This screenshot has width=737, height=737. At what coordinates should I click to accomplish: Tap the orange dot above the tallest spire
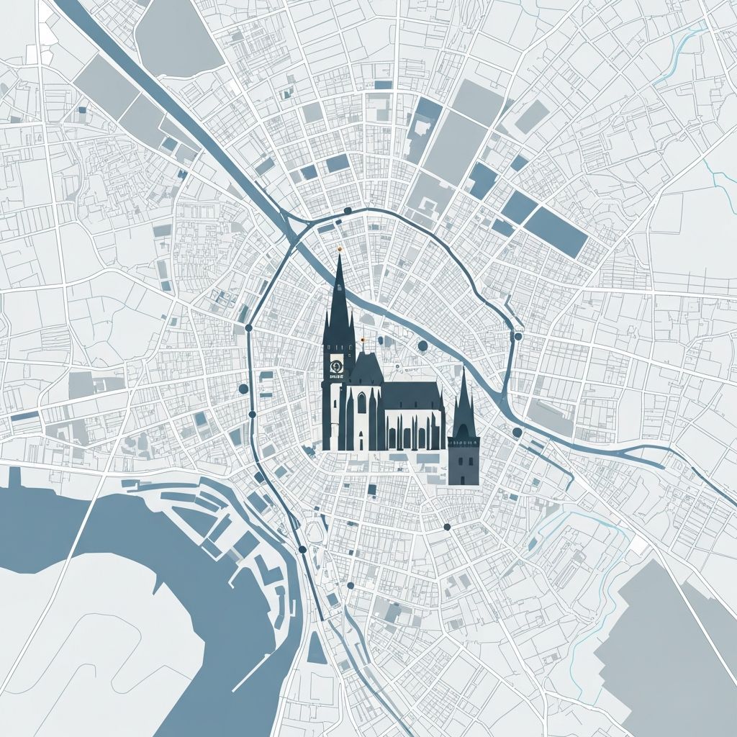(x=339, y=248)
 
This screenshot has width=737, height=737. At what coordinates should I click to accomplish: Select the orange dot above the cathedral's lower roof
(x=363, y=338)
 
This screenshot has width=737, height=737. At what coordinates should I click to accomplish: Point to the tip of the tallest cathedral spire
(x=339, y=256)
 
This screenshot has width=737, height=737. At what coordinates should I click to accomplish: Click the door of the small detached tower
(x=463, y=471)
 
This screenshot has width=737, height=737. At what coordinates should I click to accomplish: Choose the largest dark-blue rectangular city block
(x=555, y=231)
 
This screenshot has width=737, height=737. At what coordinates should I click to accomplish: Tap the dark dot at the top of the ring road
(x=348, y=210)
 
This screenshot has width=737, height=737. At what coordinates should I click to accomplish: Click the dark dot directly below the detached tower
(x=447, y=527)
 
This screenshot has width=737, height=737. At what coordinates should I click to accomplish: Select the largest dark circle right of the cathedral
(x=422, y=346)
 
